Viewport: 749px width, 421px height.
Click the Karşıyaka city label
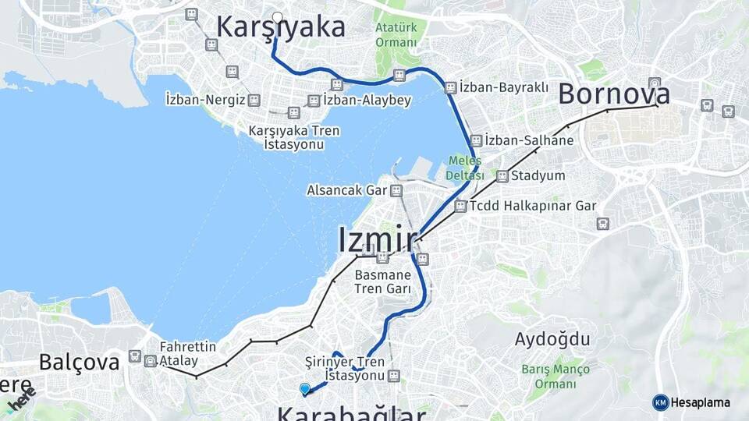(x=280, y=27)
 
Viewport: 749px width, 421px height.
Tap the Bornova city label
(x=614, y=94)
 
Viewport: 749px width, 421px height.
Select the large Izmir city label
(x=377, y=239)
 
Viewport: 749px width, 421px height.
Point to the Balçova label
(x=80, y=362)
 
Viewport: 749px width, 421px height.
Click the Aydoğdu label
(x=552, y=339)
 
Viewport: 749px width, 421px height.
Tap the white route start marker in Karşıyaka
(x=277, y=17)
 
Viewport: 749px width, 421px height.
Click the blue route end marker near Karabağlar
(x=304, y=388)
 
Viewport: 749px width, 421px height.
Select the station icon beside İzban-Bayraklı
(x=450, y=88)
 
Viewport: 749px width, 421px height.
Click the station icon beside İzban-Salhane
(x=475, y=140)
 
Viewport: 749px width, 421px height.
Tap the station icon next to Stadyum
(x=502, y=176)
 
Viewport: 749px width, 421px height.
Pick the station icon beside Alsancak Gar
(x=397, y=190)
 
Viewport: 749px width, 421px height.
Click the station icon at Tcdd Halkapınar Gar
(x=460, y=207)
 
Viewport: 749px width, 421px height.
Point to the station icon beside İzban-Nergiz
(x=254, y=100)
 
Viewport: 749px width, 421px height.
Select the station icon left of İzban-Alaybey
(x=314, y=101)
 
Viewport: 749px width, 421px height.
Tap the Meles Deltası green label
(x=464, y=168)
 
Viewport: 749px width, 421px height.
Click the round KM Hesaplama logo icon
(x=661, y=402)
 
